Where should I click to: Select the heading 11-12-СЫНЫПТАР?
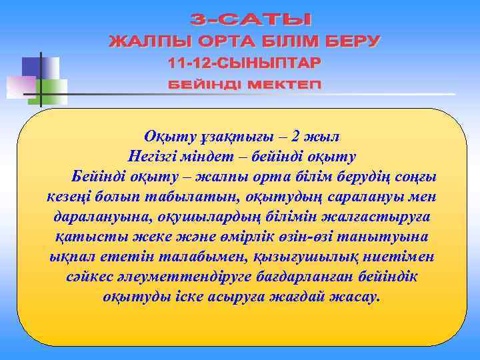244,64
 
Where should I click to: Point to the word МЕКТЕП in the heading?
281,86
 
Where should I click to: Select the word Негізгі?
152,158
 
